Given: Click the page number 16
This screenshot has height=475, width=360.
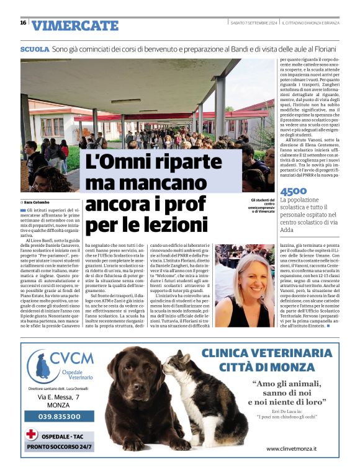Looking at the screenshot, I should pos(23,23).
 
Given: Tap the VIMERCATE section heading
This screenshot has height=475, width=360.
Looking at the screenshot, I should pos(74,25).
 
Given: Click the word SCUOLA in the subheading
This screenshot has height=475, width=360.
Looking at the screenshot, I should pos(35,48).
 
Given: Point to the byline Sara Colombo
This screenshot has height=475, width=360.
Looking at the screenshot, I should pos(38,202).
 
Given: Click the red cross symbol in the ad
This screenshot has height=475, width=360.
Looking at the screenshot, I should pos(31,433).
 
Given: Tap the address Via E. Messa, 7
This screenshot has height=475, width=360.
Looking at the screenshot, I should pos(60,396).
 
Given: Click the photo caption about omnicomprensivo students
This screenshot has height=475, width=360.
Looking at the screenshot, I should pos(261,205).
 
